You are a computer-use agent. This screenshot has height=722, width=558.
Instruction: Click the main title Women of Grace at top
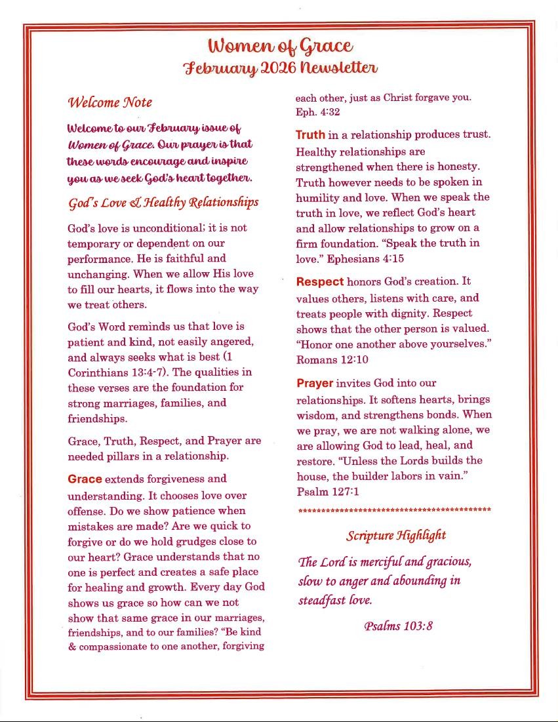(x=281, y=46)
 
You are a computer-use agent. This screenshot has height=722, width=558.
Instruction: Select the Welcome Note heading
(x=110, y=102)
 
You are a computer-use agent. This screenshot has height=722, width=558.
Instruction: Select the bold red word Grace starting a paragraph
(x=85, y=479)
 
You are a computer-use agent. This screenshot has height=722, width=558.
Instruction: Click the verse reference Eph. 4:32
(x=317, y=112)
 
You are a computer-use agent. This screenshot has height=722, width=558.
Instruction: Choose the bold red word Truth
(x=310, y=135)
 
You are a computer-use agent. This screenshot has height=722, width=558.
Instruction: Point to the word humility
(x=317, y=197)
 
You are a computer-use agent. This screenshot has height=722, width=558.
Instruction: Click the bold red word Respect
(x=319, y=282)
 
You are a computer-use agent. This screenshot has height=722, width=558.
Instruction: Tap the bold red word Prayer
(x=315, y=383)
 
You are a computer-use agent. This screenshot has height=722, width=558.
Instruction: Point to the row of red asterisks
(x=394, y=510)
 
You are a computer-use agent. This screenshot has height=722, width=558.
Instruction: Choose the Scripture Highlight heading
(x=396, y=535)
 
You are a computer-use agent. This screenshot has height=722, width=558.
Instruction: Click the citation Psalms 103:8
(x=398, y=626)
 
